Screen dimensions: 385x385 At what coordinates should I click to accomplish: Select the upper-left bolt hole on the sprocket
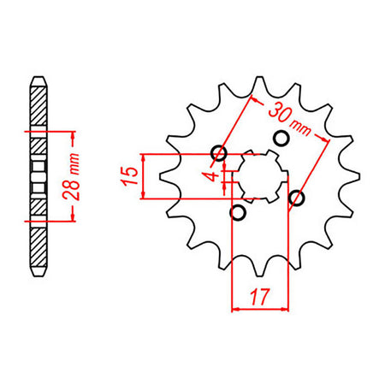219,154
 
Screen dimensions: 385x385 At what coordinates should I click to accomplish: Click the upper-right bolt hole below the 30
278,139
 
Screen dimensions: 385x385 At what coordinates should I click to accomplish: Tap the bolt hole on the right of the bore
297,198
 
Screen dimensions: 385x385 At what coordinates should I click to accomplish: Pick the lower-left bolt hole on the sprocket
239,211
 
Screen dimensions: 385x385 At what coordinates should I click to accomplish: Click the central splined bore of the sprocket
258,175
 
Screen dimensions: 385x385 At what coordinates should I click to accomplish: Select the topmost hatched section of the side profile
38,107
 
